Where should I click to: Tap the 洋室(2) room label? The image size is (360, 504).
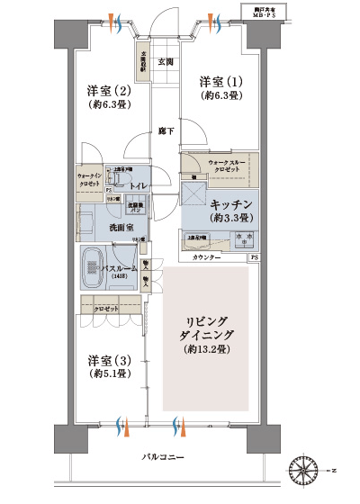point(108,91)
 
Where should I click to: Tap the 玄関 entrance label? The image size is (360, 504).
point(166,62)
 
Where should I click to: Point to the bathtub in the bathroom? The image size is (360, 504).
point(93,267)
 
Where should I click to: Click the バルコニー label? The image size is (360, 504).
point(164,458)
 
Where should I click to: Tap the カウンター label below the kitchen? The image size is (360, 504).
point(208,258)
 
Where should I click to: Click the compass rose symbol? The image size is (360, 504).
point(306,470)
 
